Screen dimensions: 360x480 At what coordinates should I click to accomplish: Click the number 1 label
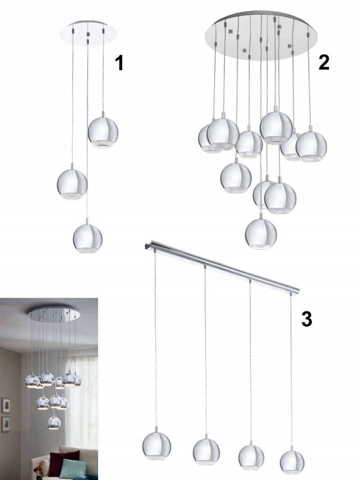coord(119,63)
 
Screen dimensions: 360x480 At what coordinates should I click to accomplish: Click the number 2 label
coord(324,62)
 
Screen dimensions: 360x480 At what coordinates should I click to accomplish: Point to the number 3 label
coord(307,319)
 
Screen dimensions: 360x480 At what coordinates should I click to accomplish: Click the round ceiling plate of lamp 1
coord(88,31)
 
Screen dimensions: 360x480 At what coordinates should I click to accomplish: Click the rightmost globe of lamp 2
coord(311,146)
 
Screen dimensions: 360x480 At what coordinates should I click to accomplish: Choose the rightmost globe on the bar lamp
coord(292,462)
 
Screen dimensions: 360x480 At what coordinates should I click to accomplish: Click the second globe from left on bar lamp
coord(207,453)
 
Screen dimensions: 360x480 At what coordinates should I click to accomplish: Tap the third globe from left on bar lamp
coord(251,457)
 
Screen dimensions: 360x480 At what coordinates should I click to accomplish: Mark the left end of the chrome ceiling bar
coord(146,246)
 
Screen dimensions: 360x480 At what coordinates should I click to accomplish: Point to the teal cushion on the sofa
coord(69,465)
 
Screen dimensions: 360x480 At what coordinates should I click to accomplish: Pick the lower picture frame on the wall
coord(6,424)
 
